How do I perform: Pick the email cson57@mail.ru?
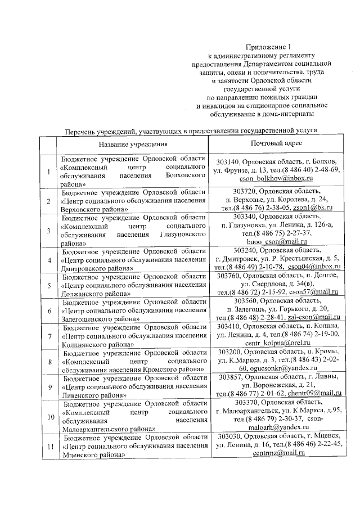[x=312, y=292]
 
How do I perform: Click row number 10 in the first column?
[x=49, y=418]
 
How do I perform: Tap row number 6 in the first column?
[x=49, y=309]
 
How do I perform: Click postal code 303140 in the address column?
[x=230, y=162]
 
